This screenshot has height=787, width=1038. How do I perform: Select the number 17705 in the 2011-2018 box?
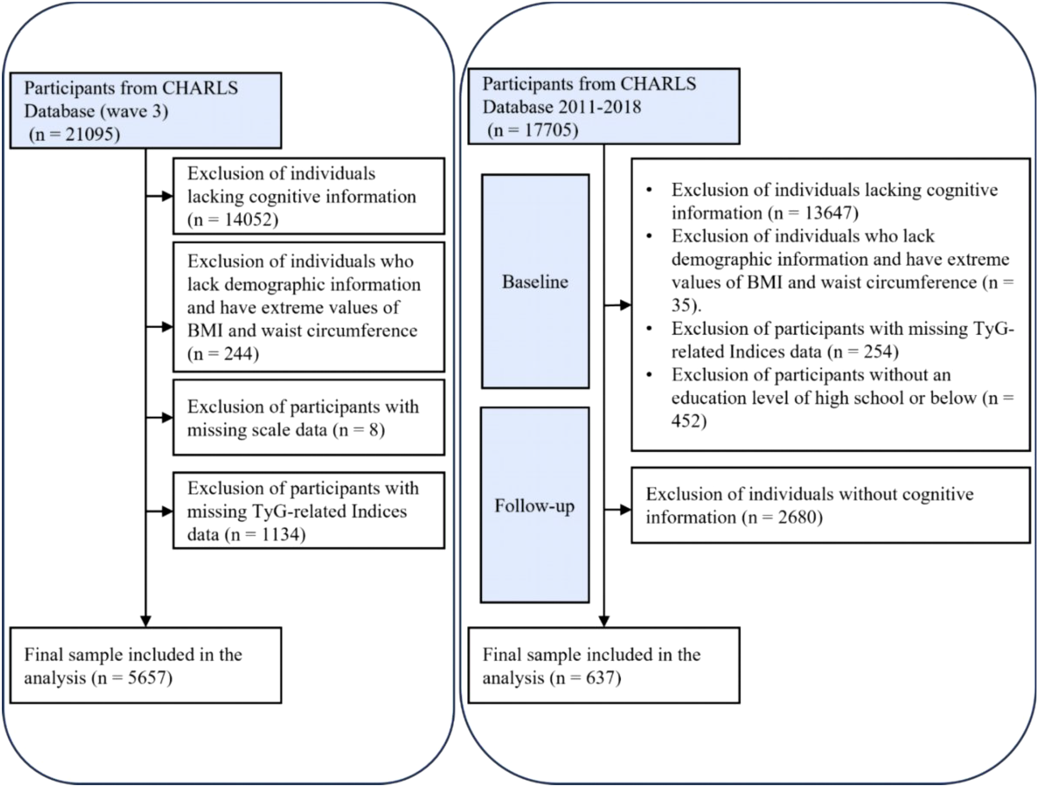point(551,130)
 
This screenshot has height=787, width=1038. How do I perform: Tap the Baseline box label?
point(535,282)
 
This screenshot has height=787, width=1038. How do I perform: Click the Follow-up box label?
point(534,506)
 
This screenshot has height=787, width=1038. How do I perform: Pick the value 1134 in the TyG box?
point(280,534)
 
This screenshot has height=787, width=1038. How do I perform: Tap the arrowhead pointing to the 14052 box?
point(167,196)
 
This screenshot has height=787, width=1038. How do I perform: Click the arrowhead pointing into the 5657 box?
point(145,621)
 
